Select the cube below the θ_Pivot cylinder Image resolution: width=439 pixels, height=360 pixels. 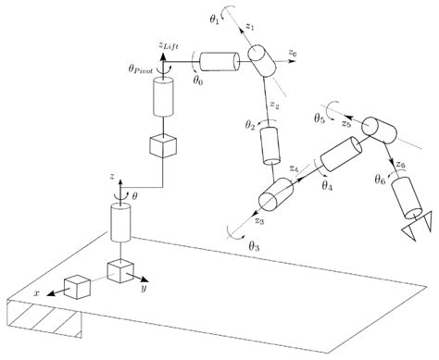pyautogui.click(x=161, y=146)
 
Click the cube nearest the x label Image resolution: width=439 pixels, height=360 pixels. pyautogui.click(x=76, y=287)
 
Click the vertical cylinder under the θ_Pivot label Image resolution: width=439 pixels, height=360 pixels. pyautogui.click(x=163, y=95)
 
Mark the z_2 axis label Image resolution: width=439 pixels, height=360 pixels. pyautogui.click(x=275, y=106)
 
